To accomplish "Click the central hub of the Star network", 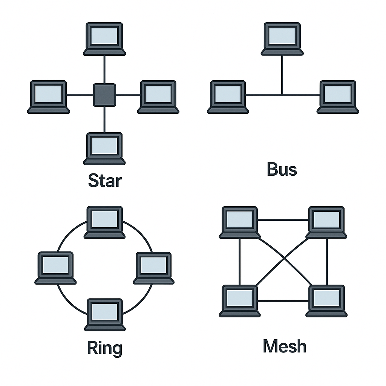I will point(104,95).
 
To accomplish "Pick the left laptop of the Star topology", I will point(49,96).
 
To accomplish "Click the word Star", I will point(105,181).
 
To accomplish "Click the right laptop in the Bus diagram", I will point(338,96).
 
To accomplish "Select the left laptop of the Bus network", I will point(228,96).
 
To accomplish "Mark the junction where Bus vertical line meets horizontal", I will point(282,95).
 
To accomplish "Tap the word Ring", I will point(104,348).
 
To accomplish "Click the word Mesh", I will point(285,346).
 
